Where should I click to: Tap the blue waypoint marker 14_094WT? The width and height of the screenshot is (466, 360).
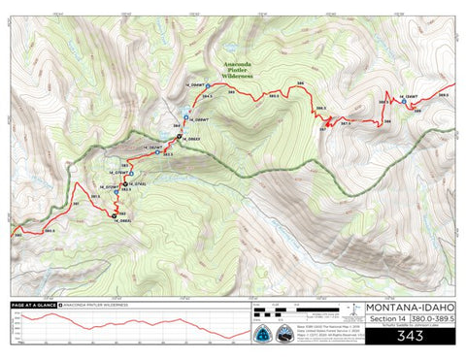[208, 86]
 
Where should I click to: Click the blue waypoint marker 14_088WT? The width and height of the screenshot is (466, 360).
[185, 117]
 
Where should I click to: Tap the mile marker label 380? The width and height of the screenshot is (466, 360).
[16, 234]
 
